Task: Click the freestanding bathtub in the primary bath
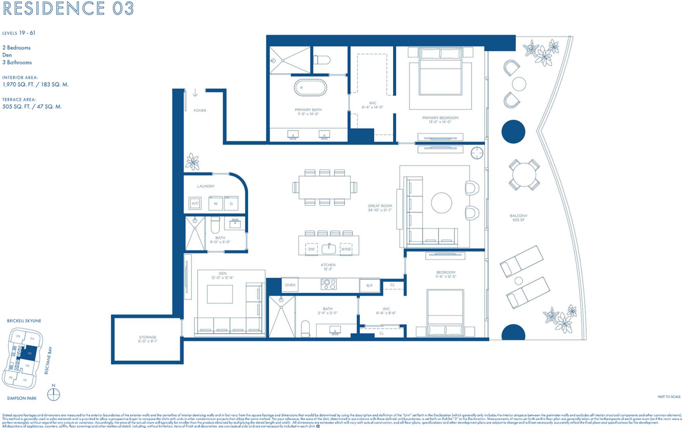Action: click(310, 88)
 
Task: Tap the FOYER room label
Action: click(200, 111)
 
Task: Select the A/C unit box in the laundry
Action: click(195, 203)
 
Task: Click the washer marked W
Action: click(216, 203)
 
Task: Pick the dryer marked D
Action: click(231, 203)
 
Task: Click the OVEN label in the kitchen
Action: click(290, 285)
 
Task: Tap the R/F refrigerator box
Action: click(369, 285)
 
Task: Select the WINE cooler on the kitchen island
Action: click(346, 249)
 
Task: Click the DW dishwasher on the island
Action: click(311, 249)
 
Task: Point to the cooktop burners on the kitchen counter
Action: click(329, 284)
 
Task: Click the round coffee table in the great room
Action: click(442, 203)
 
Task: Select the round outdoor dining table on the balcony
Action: click(524, 175)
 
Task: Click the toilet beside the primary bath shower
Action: click(322, 60)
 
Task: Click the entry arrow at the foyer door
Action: click(195, 93)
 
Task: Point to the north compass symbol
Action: click(54, 394)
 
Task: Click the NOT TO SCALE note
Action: click(669, 396)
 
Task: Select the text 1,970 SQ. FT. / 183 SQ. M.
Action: click(35, 84)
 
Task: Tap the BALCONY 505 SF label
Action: click(518, 218)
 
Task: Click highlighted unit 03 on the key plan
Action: click(30, 353)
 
